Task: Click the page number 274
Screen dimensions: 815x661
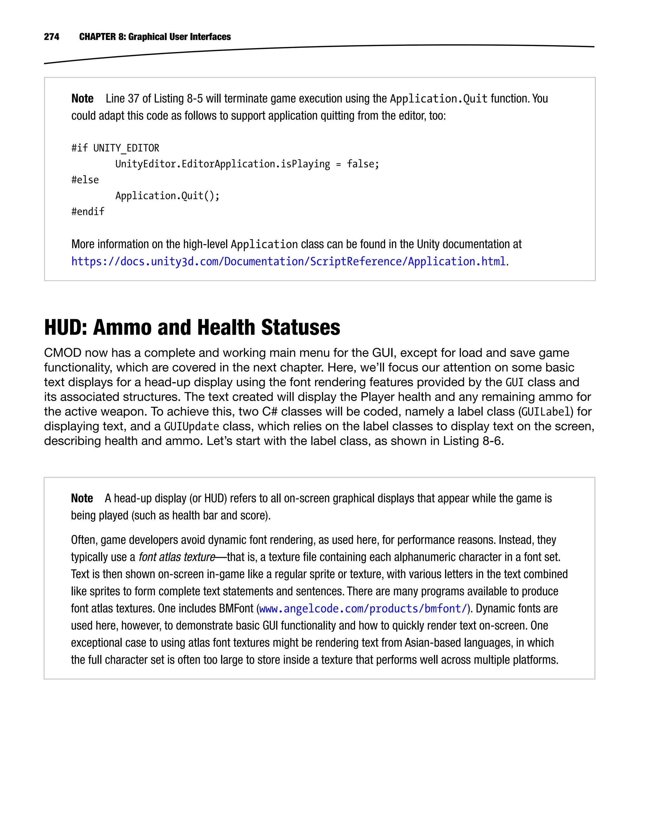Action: (51, 36)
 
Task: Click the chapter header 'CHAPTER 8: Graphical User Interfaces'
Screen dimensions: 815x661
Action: (155, 36)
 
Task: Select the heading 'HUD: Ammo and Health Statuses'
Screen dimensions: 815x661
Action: (192, 327)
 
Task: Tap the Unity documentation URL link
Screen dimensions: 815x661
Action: (288, 262)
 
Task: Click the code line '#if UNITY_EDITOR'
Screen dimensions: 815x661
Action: (115, 148)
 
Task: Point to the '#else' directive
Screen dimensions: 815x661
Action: (85, 180)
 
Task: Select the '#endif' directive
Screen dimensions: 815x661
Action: (87, 212)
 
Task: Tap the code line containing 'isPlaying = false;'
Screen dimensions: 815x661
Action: (247, 164)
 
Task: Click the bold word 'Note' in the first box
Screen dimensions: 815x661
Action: (82, 99)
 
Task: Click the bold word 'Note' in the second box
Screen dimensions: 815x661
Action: (82, 498)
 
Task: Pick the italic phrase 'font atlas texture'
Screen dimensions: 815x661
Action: (177, 557)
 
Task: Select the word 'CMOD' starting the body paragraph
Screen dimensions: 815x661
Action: (62, 353)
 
